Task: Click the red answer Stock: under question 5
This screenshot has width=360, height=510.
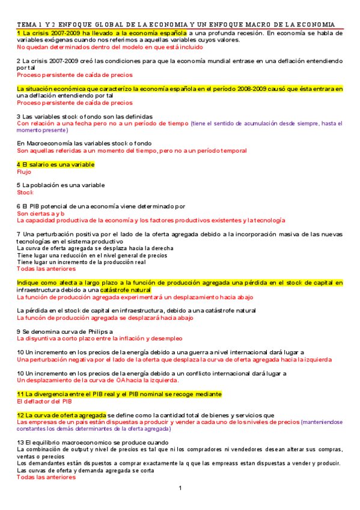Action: [25, 192]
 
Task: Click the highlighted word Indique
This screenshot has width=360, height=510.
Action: [28, 283]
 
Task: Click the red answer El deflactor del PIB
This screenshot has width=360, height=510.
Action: [44, 401]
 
